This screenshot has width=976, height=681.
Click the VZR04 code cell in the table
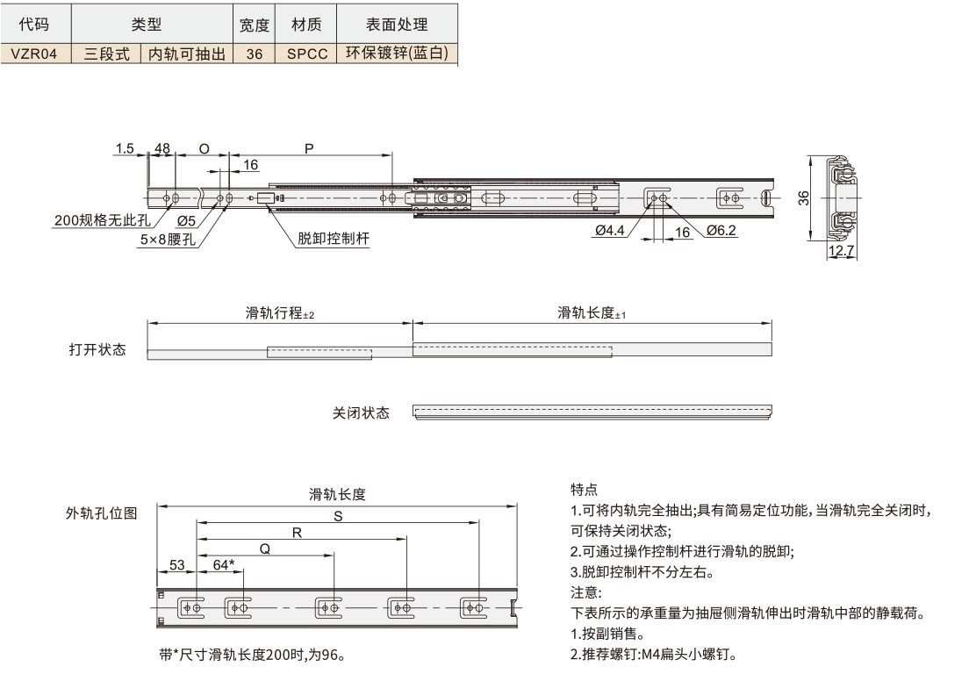click(x=34, y=54)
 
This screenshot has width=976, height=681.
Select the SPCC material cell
click(x=307, y=54)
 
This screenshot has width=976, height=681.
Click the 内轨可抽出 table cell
click(x=185, y=54)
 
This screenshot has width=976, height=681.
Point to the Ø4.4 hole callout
click(x=609, y=231)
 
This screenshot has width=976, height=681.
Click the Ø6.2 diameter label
click(x=720, y=231)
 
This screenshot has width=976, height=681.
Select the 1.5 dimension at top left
click(x=124, y=149)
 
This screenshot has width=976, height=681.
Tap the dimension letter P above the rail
click(x=309, y=149)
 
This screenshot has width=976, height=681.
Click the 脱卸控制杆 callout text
click(x=334, y=239)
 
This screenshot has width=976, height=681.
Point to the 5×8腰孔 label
click(x=167, y=239)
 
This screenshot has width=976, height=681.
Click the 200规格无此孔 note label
click(x=102, y=220)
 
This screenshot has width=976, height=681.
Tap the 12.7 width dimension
click(x=841, y=252)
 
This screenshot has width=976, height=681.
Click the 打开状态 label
click(x=97, y=350)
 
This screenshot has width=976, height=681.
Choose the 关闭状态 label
click(x=361, y=412)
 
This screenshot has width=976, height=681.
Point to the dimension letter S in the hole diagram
click(x=338, y=517)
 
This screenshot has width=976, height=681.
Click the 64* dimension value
click(x=224, y=565)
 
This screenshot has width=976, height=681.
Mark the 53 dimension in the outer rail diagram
click(x=177, y=565)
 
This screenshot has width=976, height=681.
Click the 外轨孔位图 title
click(x=101, y=514)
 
